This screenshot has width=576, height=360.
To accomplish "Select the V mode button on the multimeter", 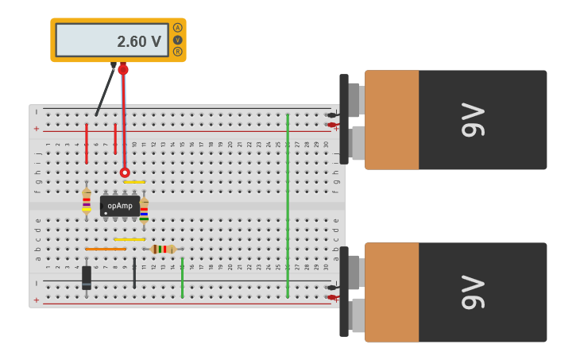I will tap(177, 40).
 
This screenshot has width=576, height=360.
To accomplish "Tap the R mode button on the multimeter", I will tap(177, 52).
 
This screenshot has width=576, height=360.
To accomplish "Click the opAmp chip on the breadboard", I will tap(120, 206).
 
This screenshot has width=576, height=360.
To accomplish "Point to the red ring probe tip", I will tap(125, 172).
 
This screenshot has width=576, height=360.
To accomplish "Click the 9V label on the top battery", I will tap(472, 119).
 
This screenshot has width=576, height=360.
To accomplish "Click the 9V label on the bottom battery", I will tap(472, 292).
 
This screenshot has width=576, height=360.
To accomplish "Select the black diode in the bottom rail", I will tap(87, 277).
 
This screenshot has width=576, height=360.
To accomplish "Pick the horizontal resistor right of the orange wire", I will tap(163, 249).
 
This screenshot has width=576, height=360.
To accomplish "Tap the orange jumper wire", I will tap(106, 249).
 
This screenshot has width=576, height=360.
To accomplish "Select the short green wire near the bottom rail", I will tap(182, 277).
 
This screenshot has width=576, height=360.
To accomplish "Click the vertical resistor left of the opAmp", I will tap(87, 201).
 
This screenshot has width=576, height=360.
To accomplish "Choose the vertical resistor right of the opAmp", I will tap(144, 210).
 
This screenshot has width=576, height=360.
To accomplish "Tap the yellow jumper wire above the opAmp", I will tap(134, 182).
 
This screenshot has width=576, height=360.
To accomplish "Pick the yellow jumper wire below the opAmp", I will tap(130, 239).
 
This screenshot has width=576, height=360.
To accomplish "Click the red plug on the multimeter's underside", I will tap(123, 69).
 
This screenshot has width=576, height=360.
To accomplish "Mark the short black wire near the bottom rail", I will tap(134, 273).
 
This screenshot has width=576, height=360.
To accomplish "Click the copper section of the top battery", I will tap(392, 119).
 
